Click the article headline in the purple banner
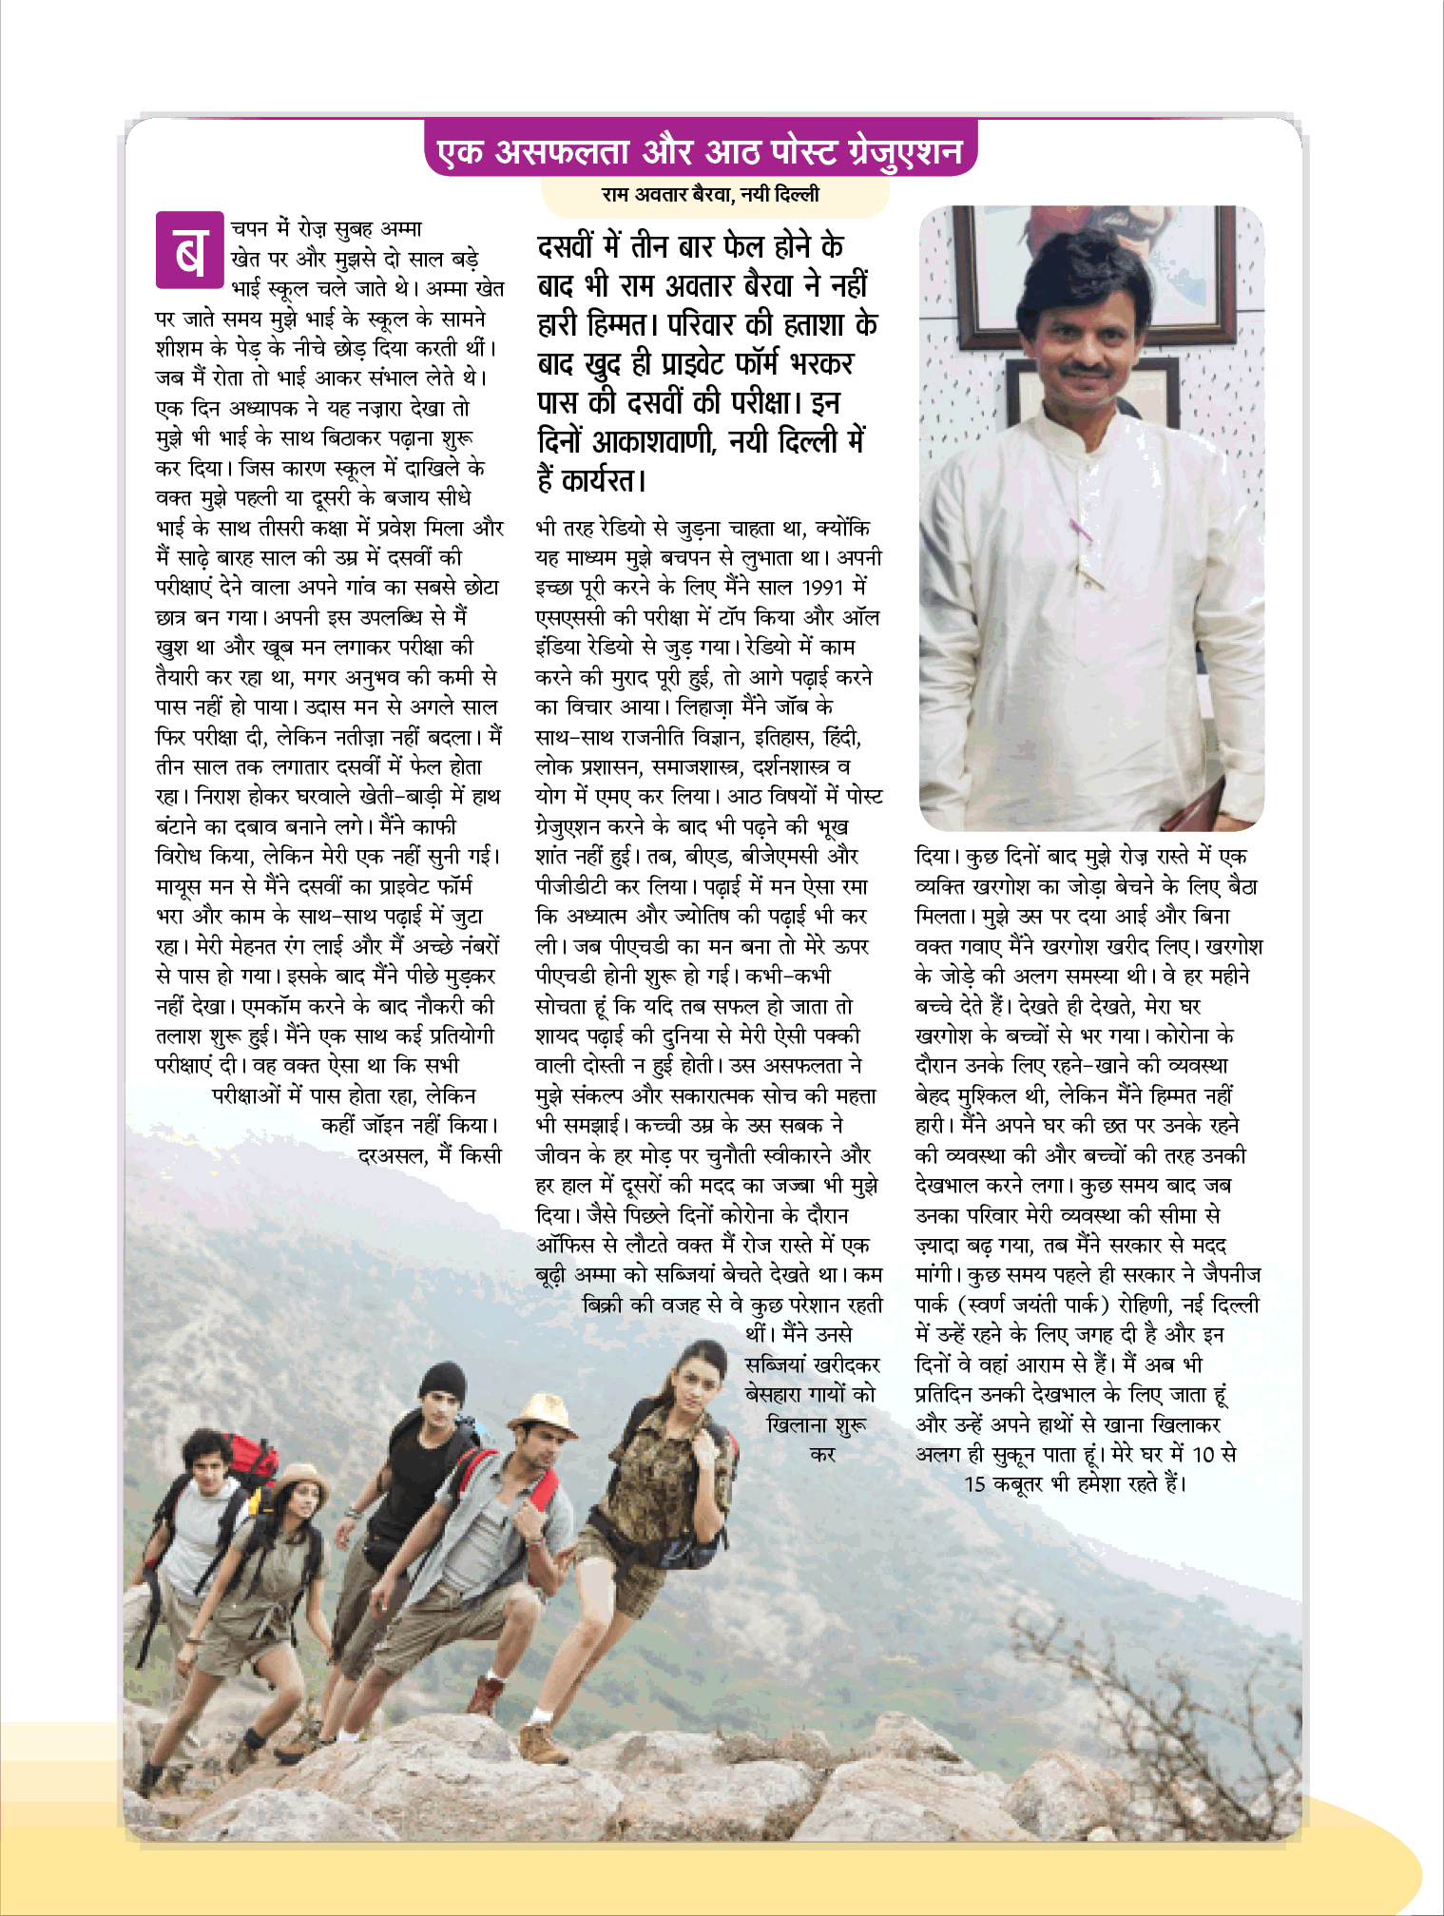pyautogui.click(x=700, y=150)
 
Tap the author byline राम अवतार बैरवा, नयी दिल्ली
pyautogui.click(x=710, y=195)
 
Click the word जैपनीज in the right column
pyautogui.click(x=1230, y=1274)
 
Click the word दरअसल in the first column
pyautogui.click(x=390, y=1156)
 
